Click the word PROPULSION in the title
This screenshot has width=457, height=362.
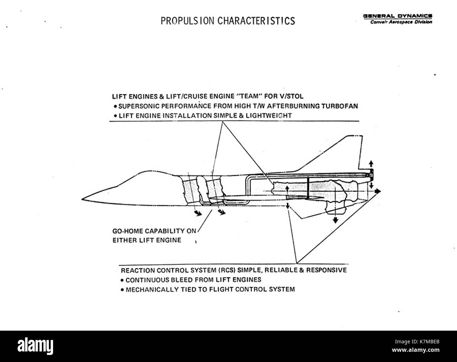[187, 21]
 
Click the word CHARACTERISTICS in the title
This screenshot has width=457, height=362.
[256, 21]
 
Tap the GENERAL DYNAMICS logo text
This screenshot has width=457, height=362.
[398, 16]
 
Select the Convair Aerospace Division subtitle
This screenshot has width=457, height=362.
[401, 22]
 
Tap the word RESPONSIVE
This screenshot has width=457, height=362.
[326, 270]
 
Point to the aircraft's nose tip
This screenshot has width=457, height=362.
[82, 199]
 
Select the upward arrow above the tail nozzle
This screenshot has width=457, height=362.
[371, 164]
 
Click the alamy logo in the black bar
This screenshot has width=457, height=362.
[35, 346]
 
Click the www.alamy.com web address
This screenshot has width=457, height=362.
[416, 350]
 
